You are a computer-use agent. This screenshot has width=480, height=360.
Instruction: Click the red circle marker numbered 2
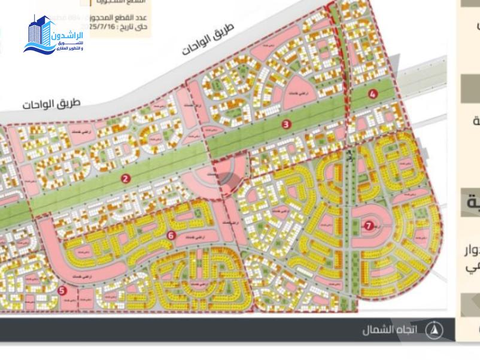(126, 178)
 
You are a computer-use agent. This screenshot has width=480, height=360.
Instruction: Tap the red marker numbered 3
(287, 124)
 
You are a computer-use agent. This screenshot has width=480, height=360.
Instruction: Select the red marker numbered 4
(373, 94)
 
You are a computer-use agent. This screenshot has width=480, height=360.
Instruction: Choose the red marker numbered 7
(368, 225)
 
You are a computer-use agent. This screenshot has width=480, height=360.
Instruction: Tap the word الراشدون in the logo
(69, 35)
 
